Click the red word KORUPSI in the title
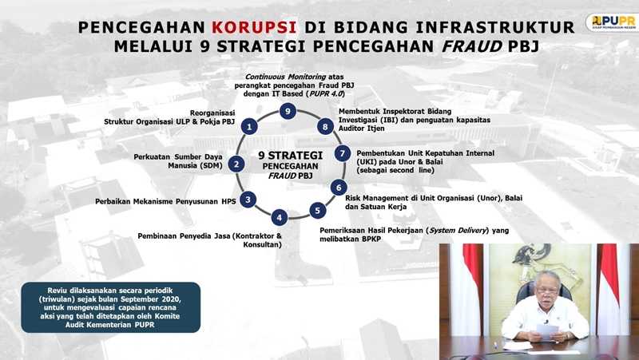tap(253, 27)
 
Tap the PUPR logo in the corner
tap(612, 22)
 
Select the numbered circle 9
tap(288, 111)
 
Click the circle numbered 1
tap(249, 126)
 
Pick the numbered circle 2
tap(236, 164)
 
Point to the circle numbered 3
tap(248, 200)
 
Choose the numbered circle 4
tap(279, 217)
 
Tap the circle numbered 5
tap(317, 211)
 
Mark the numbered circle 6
tap(338, 188)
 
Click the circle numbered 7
tap(343, 153)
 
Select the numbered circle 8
tap(325, 127)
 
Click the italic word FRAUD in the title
tap(472, 46)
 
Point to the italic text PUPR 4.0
tap(326, 93)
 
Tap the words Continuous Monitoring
tap(286, 77)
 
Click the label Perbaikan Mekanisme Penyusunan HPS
tap(165, 201)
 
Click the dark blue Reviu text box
tap(110, 307)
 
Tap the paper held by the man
tap(547, 331)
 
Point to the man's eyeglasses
tap(546, 290)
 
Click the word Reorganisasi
tap(212, 113)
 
